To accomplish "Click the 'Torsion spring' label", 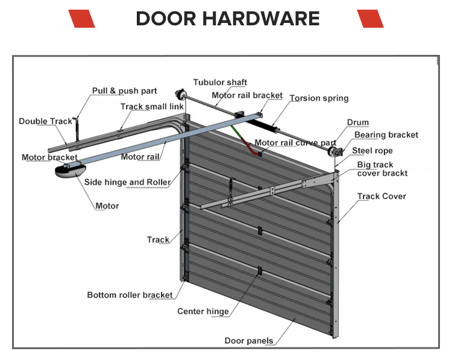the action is tap(319, 98).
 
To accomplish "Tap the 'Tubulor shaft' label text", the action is tap(220, 83).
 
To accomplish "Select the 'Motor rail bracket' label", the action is tap(247, 95).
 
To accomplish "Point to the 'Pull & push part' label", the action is tap(124, 91).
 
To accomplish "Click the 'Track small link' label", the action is tap(152, 107).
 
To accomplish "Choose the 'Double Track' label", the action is tap(45, 121).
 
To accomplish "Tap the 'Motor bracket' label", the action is tap(49, 157).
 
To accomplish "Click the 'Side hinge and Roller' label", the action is tap(127, 182).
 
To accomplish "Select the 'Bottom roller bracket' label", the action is tap(130, 295).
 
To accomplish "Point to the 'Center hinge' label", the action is tap(203, 312).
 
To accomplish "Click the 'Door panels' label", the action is tap(249, 341).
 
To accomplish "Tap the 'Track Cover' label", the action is tap(381, 197).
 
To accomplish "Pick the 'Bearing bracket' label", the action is tap(386, 135).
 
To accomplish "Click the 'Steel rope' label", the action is tap(372, 151).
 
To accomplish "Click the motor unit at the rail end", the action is tap(70, 171).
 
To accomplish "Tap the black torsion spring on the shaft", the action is tap(261, 125).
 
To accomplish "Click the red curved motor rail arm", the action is tap(248, 147).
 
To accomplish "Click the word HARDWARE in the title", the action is tap(261, 19).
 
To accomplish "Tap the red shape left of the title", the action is tap(81, 19).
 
